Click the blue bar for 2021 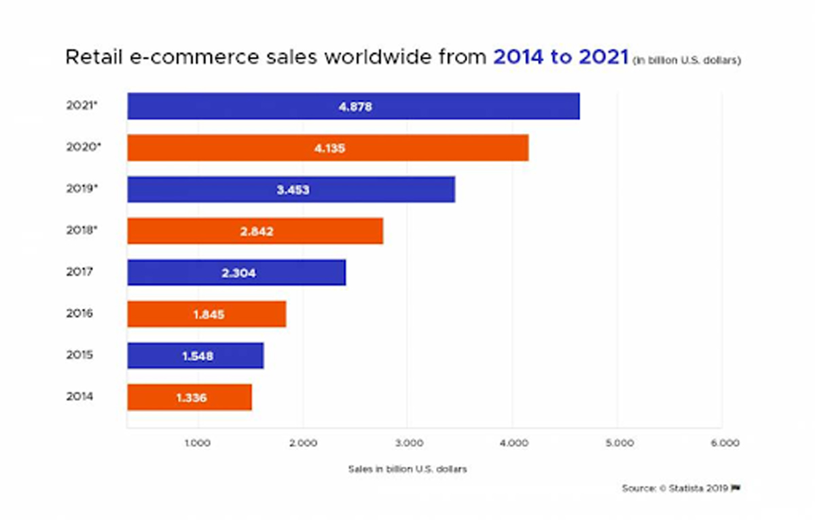pos(353,106)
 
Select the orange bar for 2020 pos(327,148)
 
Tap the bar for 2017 pos(236,273)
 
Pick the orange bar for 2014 pos(189,397)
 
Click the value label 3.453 pos(293,190)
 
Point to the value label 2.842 pos(257,231)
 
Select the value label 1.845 pos(207,315)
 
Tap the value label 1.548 pos(197,356)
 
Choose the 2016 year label pos(79,313)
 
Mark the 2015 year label pos(79,355)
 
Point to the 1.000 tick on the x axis pos(198,443)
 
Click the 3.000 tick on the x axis pos(407,443)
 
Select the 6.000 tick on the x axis pos(725,443)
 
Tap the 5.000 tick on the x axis pos(619,443)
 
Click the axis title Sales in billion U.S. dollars pos(407,469)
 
